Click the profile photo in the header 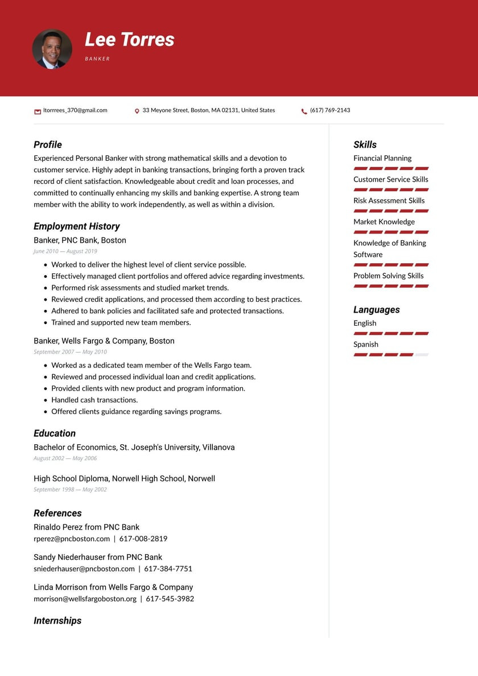[52, 50]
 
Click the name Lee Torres [130, 39]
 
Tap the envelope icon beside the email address [38, 111]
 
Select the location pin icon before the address [137, 111]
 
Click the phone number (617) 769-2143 [330, 110]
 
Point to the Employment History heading [76, 226]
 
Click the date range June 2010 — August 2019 [65, 251]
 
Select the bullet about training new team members [121, 322]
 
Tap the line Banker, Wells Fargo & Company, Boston [104, 341]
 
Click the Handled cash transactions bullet [94, 400]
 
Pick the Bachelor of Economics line [134, 448]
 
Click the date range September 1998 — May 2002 [70, 489]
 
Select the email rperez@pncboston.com [72, 539]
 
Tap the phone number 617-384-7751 [168, 568]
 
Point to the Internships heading [57, 621]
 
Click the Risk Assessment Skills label [389, 200]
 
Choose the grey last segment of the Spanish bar [422, 355]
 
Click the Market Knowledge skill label [384, 222]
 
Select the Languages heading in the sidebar [377, 310]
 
